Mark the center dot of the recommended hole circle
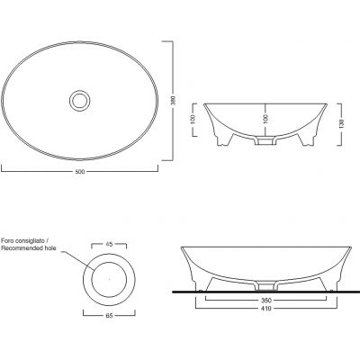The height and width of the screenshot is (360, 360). coord(110,280)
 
